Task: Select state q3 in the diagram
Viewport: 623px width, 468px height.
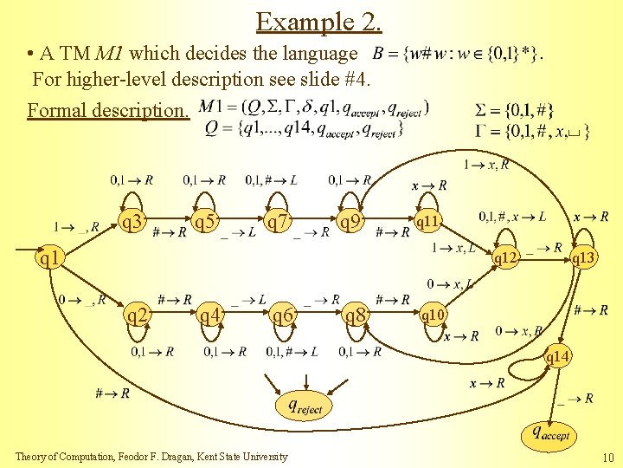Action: tap(132, 223)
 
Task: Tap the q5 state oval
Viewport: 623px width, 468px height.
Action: tap(205, 223)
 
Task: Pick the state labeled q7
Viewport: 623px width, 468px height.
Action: tap(278, 223)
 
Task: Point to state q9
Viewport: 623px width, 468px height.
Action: tap(350, 223)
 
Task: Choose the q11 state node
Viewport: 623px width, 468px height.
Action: tap(428, 222)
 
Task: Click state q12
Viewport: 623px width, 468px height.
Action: tap(504, 257)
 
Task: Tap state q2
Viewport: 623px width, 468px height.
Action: tap(136, 315)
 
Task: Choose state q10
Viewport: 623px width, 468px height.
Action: tap(433, 315)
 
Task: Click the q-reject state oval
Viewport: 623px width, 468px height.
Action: tap(304, 405)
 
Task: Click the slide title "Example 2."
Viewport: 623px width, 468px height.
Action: tap(319, 21)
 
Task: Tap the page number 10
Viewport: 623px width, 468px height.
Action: tap(607, 456)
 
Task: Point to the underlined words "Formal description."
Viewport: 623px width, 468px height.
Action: tap(107, 111)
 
